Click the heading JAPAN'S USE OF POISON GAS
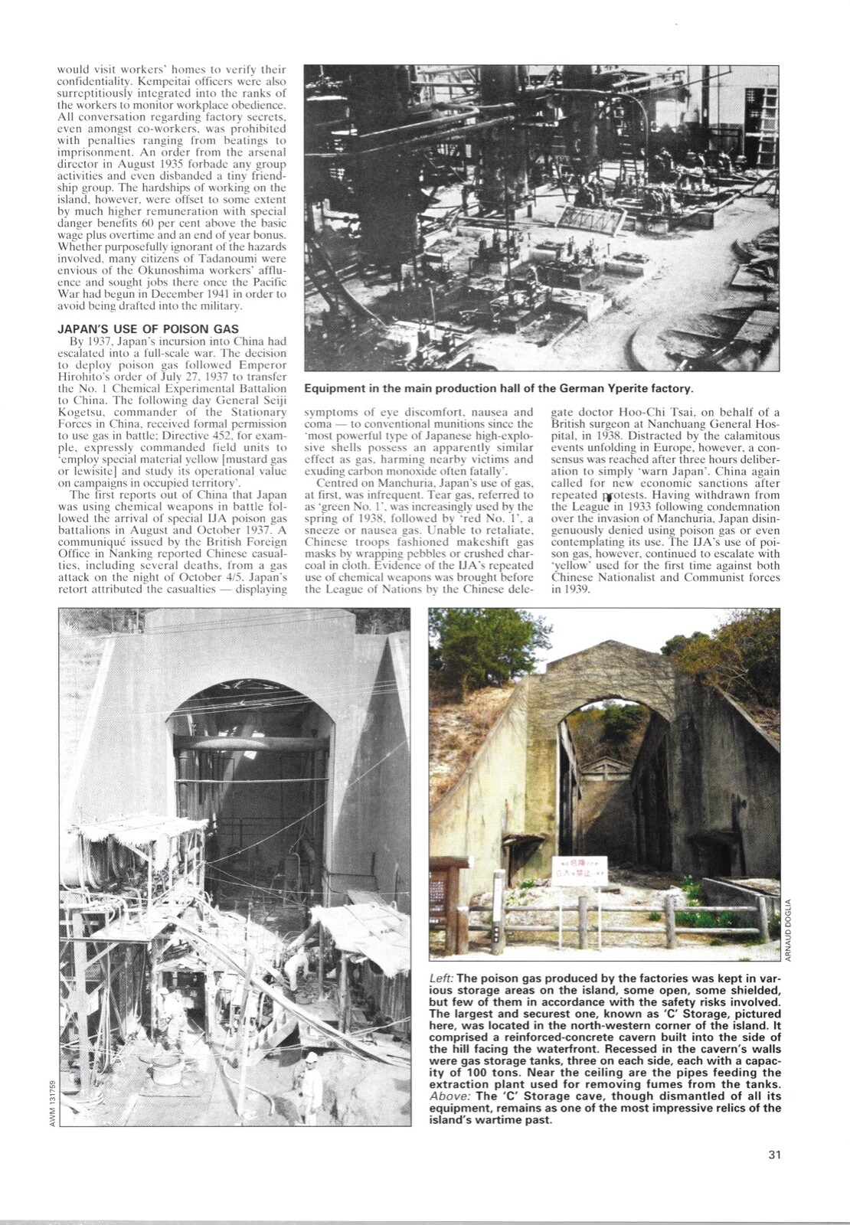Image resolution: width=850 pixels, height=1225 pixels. coord(149,329)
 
